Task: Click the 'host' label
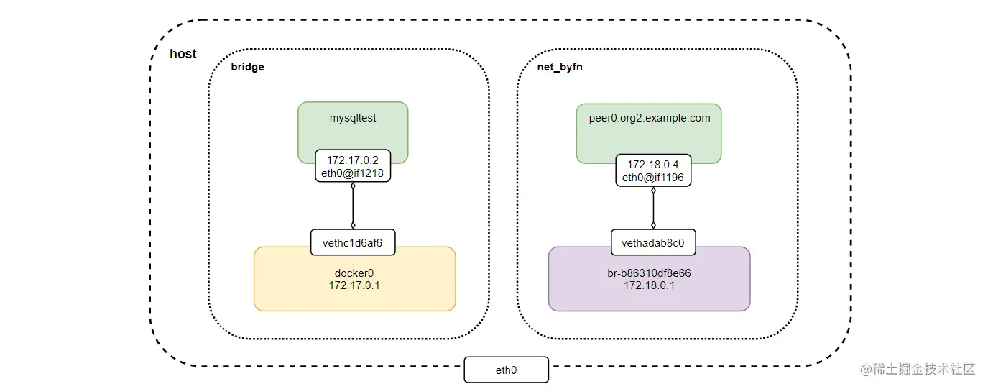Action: pos(183,54)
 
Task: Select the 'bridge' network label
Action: pos(247,67)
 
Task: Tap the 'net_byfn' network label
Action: pos(560,67)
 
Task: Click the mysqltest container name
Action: pos(353,118)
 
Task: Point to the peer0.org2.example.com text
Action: pos(650,118)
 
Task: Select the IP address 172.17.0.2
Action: pos(352,160)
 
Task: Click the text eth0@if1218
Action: pos(352,173)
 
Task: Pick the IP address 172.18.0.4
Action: pos(653,164)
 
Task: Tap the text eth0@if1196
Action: pos(653,178)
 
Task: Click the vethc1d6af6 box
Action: pos(353,242)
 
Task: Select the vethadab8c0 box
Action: pos(653,242)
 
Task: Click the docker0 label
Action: pos(354,273)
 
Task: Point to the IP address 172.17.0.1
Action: pos(354,285)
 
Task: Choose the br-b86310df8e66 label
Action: pos(650,273)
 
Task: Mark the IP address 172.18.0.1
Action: pos(650,285)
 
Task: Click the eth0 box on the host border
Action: pos(507,370)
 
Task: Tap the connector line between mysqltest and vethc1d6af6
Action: pos(353,206)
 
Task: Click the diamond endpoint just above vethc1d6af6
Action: pos(353,225)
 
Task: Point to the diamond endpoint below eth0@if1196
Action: pos(653,191)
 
